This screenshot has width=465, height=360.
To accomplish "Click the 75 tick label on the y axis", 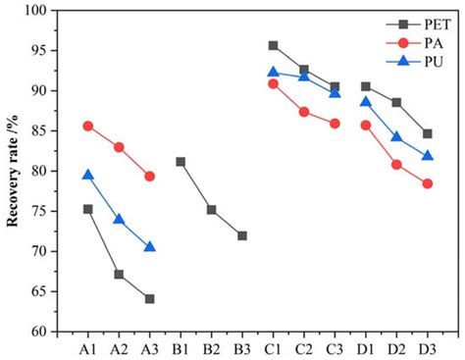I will tap(40, 211).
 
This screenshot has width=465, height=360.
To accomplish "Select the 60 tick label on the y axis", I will tap(40, 332).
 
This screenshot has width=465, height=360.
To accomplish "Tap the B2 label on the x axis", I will tap(211, 348).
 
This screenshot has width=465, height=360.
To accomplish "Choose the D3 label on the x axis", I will tap(427, 348).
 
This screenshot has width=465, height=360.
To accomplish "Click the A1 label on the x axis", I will tap(87, 348).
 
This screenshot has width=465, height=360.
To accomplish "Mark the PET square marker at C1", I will tap(273, 45).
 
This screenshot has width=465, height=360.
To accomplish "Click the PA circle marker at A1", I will tap(87, 126).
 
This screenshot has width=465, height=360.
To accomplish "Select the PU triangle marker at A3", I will tap(149, 246).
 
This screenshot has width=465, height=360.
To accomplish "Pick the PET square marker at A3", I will tap(149, 298).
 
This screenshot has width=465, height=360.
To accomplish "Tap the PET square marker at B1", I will tap(181, 162).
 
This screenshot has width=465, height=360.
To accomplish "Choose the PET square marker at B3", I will tap(242, 235).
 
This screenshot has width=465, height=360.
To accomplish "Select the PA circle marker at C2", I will tap(304, 112).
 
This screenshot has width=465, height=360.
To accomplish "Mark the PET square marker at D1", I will tap(366, 86).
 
